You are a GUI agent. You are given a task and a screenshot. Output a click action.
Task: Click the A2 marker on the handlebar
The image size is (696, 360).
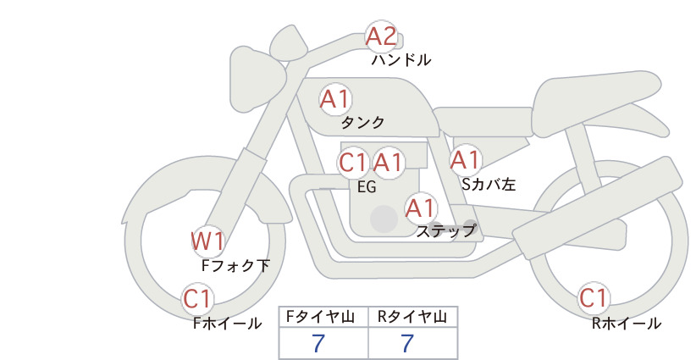pyautogui.click(x=381, y=36)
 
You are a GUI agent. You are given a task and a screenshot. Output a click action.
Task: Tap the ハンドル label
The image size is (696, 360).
pyautogui.click(x=400, y=59)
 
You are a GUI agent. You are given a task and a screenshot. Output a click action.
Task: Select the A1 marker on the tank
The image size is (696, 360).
pyautogui.click(x=335, y=99)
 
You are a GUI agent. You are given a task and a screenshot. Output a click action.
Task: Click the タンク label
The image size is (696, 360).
pyautogui.click(x=362, y=122)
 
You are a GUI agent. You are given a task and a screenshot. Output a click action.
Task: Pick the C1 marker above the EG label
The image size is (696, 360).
pyautogui.click(x=353, y=163)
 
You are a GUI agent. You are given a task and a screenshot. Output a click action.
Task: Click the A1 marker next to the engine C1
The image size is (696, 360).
pyautogui.click(x=388, y=163)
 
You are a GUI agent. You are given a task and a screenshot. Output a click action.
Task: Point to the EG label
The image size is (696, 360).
pyautogui.click(x=367, y=187)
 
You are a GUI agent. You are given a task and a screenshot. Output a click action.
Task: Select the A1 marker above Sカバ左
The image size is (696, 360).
pyautogui.click(x=466, y=160)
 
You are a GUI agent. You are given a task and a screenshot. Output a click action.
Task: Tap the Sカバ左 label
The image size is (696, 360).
pyautogui.click(x=489, y=184)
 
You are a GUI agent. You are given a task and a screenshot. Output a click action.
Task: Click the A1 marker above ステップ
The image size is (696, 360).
pyautogui.click(x=421, y=208)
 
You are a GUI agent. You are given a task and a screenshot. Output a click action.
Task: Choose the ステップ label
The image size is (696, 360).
pyautogui.click(x=445, y=231)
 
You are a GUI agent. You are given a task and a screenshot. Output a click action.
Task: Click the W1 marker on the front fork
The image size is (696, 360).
pyautogui.click(x=207, y=241)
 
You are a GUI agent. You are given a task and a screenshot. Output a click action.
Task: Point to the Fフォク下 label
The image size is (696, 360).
pyautogui.click(x=235, y=265)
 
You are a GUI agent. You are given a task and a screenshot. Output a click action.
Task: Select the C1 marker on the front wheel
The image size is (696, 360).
pyautogui.click(x=197, y=299)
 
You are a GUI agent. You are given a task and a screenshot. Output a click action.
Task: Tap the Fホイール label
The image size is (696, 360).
pyautogui.click(x=227, y=324)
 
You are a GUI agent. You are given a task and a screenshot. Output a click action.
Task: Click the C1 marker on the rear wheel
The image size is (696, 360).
pyautogui.click(x=594, y=298)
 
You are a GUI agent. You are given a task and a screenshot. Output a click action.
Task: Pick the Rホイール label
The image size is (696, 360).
pyautogui.click(x=627, y=324)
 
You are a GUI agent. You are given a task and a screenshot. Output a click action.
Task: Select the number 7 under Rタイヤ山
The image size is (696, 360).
pyautogui.click(x=407, y=343)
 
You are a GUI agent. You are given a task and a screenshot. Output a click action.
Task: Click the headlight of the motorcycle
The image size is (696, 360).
pyautogui.click(x=255, y=80)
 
